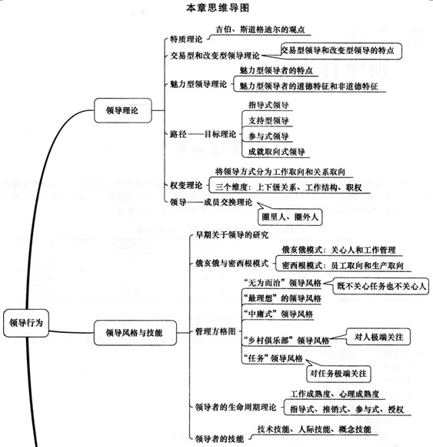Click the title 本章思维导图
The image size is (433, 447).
(218, 8)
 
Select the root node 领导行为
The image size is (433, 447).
(26, 323)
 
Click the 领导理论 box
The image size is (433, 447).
(122, 111)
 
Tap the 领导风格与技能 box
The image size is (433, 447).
(135, 333)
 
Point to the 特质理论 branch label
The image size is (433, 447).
(186, 39)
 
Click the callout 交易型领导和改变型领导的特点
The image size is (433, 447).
(341, 51)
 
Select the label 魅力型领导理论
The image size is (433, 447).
(198, 84)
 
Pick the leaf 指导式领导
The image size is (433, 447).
(268, 105)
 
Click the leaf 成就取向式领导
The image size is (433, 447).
(276, 152)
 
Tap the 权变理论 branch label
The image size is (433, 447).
(186, 185)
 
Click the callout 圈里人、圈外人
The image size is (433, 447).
(290, 217)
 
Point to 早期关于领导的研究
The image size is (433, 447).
(231, 235)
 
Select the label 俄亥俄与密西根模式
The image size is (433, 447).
(231, 263)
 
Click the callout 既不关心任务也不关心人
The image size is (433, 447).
(381, 286)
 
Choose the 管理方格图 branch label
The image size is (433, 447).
(215, 331)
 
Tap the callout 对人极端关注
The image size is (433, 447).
(378, 337)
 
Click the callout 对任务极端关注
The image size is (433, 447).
(338, 374)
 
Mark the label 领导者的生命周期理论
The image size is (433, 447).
(236, 407)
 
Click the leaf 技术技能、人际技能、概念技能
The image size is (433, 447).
(314, 429)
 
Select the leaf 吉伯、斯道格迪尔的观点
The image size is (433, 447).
(260, 29)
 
